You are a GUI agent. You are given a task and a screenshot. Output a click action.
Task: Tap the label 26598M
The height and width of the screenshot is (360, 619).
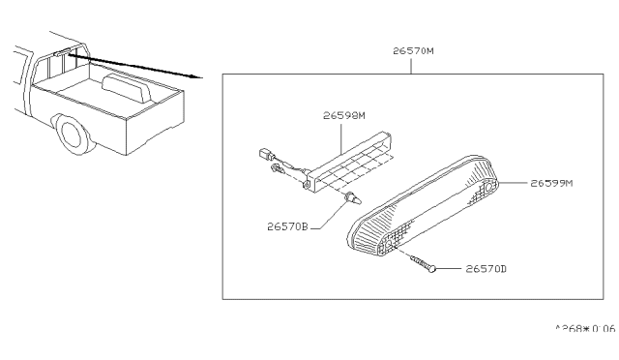point(344,114)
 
